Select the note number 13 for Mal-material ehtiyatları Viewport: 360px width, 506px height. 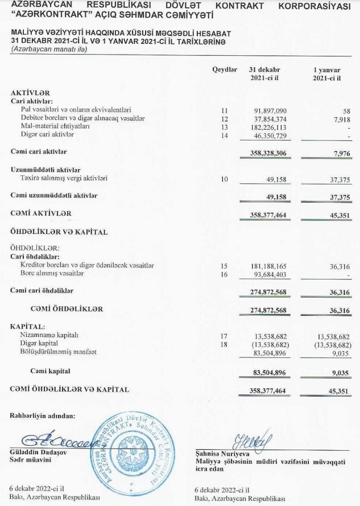coord(225,127)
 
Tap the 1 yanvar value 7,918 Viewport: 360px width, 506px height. coord(342,118)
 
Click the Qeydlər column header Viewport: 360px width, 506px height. coord(225,69)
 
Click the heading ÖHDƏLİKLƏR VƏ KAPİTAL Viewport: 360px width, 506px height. coord(59,232)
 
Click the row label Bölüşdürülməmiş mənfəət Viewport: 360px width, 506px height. coord(58,352)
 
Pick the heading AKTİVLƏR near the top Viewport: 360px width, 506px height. coord(31,92)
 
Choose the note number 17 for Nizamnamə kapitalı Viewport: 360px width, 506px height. coord(224,336)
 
